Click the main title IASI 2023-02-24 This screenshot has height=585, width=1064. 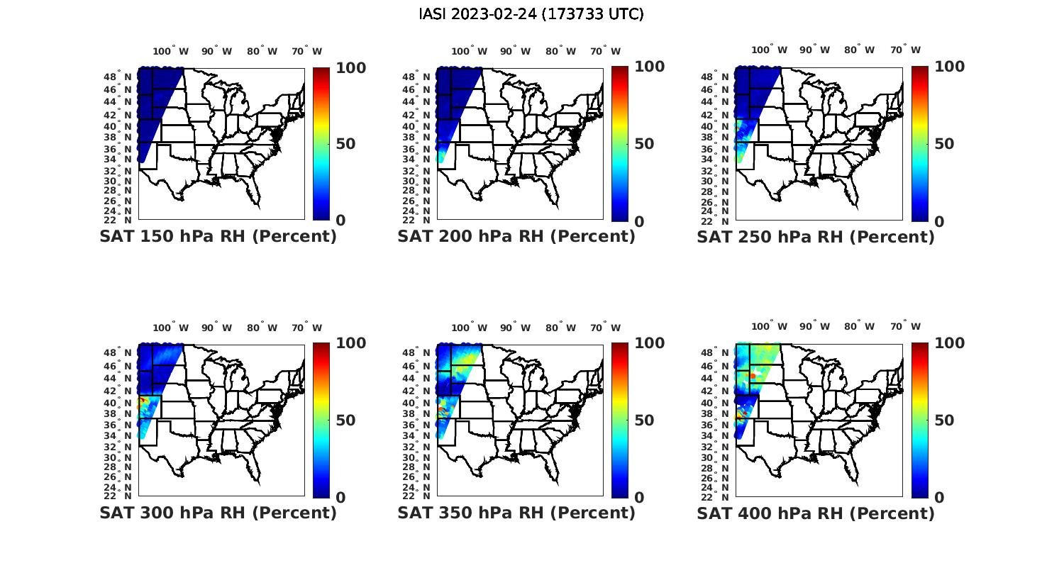click(531, 14)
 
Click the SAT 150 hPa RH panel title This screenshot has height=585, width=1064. click(218, 237)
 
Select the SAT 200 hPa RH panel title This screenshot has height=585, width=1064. click(516, 237)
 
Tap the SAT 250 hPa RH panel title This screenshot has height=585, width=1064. click(816, 237)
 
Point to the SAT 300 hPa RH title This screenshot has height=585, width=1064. click(218, 513)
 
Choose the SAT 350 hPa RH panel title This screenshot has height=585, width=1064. click(516, 513)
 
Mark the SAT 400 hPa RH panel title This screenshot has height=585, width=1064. click(816, 513)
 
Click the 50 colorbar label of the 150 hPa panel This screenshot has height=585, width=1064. click(345, 144)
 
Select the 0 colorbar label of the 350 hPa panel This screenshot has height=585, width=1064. click(638, 498)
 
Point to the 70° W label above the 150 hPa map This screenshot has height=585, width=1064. click(306, 51)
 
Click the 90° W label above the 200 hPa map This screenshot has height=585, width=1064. click(515, 51)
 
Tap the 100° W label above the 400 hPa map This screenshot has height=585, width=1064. click(769, 327)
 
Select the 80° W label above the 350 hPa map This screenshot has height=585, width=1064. click(560, 328)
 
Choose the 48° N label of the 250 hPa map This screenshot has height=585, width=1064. click(721, 77)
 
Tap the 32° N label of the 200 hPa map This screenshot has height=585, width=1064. click(421, 172)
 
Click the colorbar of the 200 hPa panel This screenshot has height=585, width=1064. click(620, 144)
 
